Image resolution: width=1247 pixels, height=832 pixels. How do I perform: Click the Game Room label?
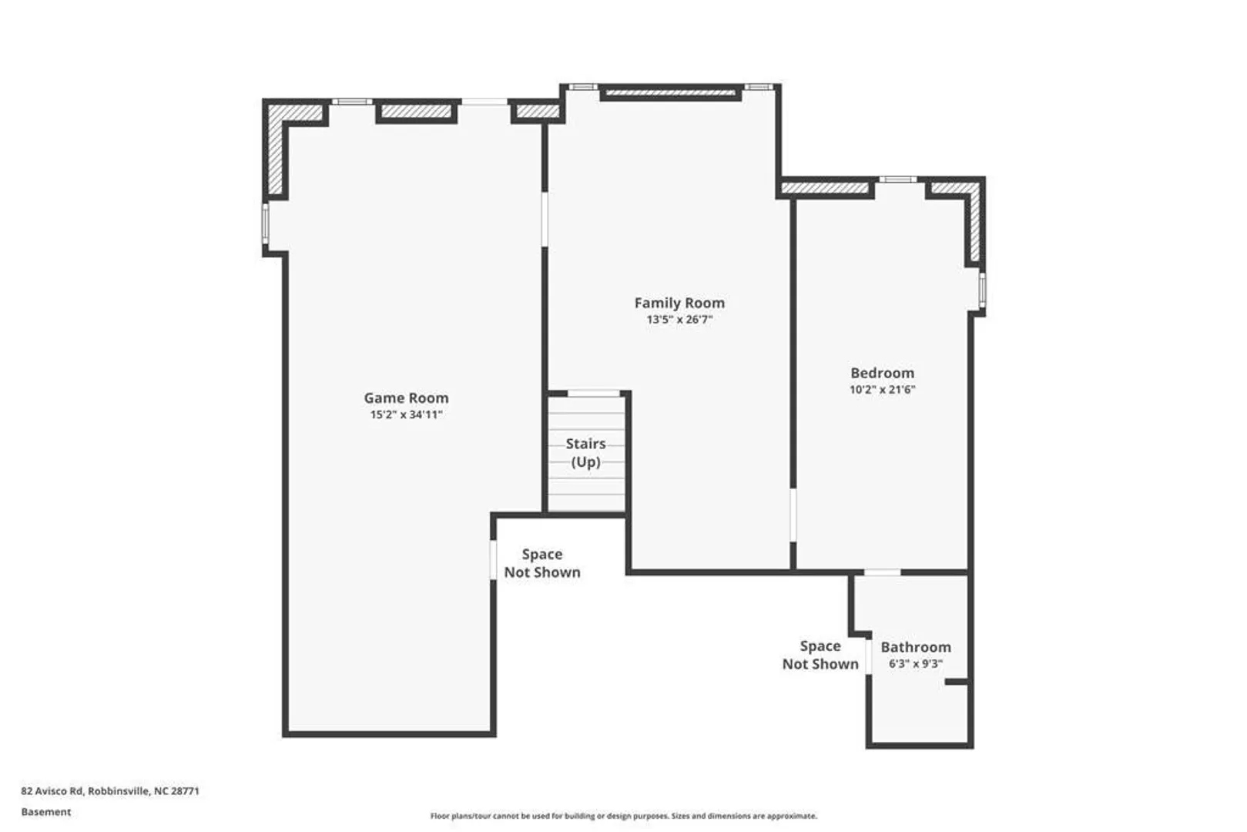pos(406,398)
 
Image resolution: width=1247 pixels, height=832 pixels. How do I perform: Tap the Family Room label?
pos(679,303)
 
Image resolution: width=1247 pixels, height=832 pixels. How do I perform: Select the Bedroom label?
pos(882,373)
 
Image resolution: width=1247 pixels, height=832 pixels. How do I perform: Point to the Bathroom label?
pos(915,647)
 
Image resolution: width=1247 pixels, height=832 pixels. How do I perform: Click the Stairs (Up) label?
pos(585,453)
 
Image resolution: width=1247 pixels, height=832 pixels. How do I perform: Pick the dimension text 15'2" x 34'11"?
pos(406,415)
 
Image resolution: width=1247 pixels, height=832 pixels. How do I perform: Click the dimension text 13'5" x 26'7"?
pos(679,320)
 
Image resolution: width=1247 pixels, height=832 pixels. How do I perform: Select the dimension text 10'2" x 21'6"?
pos(882,390)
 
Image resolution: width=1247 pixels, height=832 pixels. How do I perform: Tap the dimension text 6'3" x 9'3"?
pos(915,664)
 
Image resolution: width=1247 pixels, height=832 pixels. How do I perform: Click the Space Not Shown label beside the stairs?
pos(542,563)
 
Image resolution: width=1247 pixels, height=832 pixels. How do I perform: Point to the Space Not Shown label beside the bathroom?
pos(820,655)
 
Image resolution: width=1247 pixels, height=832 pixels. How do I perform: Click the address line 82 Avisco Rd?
pos(110,791)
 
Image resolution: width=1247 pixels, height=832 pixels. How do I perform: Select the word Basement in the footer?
pos(46,812)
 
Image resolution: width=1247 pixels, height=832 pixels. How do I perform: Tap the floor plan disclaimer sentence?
pos(624,816)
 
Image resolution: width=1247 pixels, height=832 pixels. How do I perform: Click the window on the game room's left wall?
pos(266,223)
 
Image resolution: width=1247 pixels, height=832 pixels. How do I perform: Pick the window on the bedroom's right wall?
pos(982,290)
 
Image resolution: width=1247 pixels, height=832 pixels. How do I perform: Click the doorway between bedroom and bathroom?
pos(882,572)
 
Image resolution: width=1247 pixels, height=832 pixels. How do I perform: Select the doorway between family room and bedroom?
pos(793,515)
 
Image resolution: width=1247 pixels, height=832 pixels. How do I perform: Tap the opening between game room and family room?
pos(545,220)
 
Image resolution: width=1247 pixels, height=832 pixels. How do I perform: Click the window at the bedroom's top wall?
pos(898,179)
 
